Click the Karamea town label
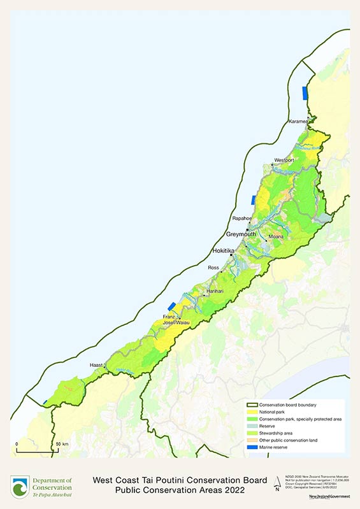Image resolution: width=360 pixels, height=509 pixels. click(x=298, y=121)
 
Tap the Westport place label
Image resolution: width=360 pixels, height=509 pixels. click(x=284, y=159)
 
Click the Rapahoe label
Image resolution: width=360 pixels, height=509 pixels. click(x=242, y=219)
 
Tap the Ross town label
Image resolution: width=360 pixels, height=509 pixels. click(x=215, y=268)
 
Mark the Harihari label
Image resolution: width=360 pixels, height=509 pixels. click(x=214, y=290)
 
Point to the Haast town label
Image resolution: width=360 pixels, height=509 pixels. click(x=96, y=365)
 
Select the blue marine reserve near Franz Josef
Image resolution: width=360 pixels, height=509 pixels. click(x=171, y=307)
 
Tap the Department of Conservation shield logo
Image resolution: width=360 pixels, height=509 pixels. click(x=19, y=486)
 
